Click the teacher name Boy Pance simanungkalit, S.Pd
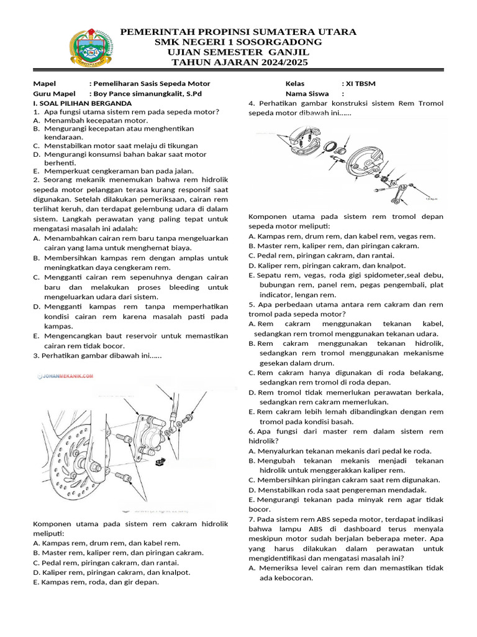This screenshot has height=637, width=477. coord(148,94)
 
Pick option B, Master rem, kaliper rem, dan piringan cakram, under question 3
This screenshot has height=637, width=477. coord(118,552)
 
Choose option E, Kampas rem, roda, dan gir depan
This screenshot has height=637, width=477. coord(96,582)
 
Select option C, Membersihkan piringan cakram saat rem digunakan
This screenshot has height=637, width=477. coord(344,480)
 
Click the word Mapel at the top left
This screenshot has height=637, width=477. coord(45,84)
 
